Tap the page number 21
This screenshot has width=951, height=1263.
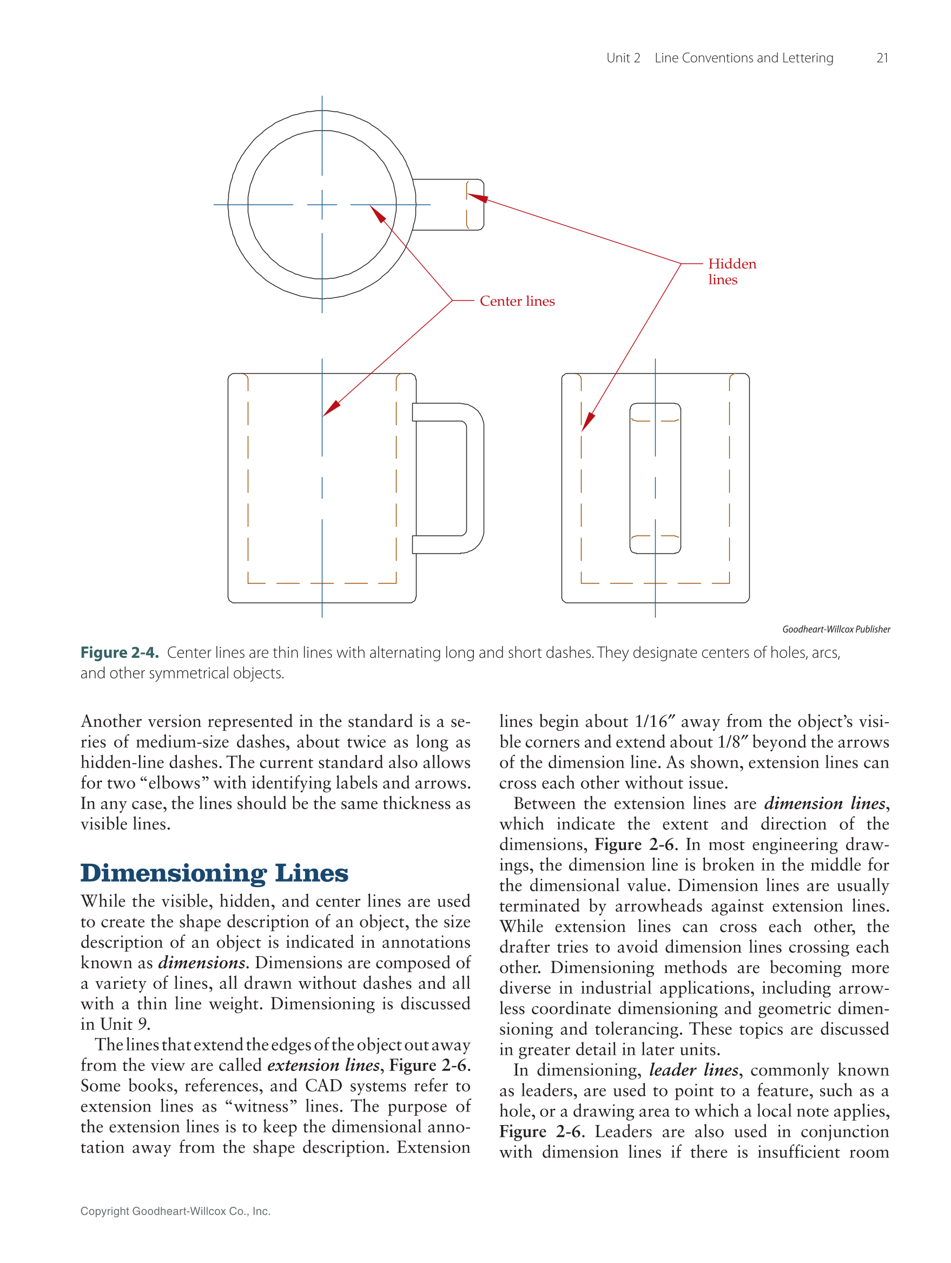tap(881, 58)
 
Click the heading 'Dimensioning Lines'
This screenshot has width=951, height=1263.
tap(214, 873)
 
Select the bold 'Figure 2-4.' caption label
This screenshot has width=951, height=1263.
tap(120, 653)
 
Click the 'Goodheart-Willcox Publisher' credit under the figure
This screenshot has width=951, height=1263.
tap(836, 629)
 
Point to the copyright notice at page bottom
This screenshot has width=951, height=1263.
tap(175, 1211)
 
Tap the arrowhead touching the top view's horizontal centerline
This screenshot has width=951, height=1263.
tap(378, 214)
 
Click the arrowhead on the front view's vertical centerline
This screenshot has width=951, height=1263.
tap(331, 408)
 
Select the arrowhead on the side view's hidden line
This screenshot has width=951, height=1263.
tap(587, 422)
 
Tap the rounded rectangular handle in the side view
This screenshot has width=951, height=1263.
tap(655, 479)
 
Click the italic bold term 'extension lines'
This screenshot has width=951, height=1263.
tap(323, 1065)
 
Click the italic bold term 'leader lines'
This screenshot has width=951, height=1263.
tap(694, 1069)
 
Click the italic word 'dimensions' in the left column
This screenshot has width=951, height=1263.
tap(202, 962)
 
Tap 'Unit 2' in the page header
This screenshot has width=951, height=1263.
tap(623, 58)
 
